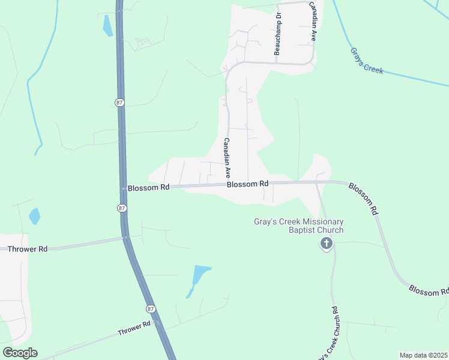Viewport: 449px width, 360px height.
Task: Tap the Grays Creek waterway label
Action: point(366,60)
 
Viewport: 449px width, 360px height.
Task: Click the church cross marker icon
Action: point(326,244)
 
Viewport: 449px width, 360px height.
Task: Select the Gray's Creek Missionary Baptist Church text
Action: point(298,226)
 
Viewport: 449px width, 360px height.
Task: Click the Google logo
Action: point(20,353)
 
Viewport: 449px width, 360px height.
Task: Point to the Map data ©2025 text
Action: point(423,355)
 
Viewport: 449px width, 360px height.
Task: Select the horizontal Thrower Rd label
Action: point(25,248)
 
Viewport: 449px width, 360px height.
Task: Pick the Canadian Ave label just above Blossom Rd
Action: point(228,158)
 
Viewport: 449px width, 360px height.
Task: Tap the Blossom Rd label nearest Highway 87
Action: point(148,187)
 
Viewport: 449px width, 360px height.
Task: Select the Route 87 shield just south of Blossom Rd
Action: point(122,208)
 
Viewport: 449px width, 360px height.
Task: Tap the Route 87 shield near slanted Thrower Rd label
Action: point(150,308)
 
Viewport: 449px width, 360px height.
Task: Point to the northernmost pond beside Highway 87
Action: point(107,25)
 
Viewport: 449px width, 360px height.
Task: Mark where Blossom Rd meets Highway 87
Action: point(122,188)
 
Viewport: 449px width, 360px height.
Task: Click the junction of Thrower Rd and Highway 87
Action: point(127,238)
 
